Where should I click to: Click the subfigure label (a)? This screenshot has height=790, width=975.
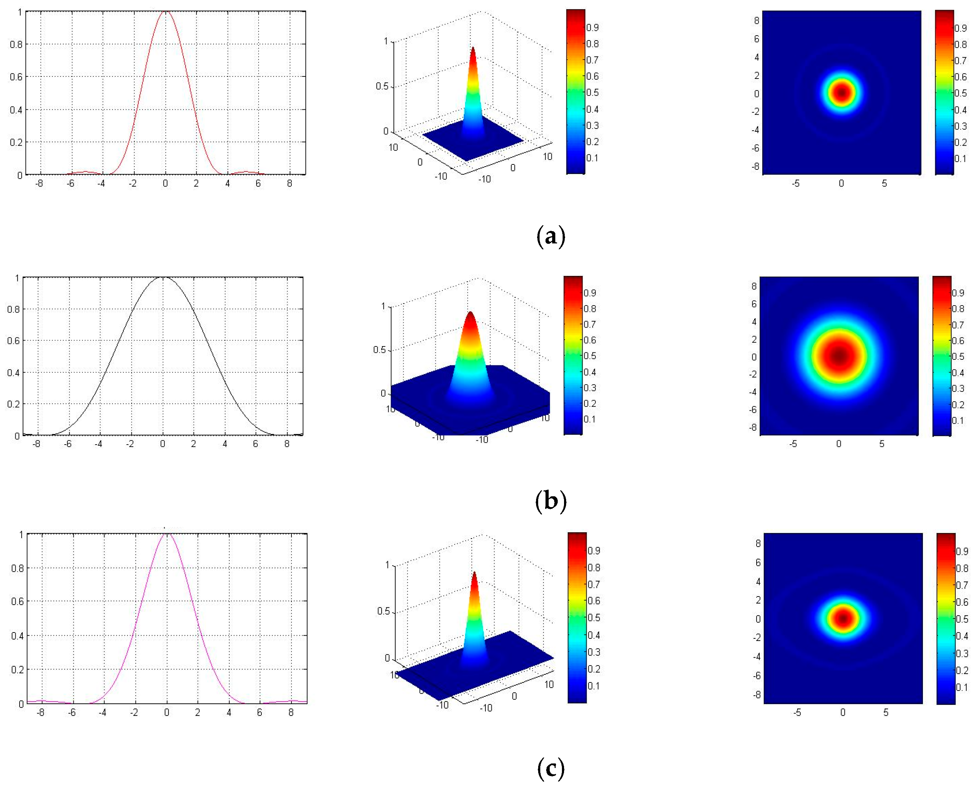[550, 237]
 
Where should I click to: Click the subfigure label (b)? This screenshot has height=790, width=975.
[550, 501]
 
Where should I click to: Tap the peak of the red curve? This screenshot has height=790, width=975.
[165, 12]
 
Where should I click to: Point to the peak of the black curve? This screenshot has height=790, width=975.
[162, 278]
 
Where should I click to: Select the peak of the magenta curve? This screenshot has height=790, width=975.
[166, 534]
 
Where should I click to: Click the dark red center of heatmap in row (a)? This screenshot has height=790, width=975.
[842, 93]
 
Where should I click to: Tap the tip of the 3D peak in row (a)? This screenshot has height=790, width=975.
[473, 47]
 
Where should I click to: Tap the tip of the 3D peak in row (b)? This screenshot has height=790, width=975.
[470, 312]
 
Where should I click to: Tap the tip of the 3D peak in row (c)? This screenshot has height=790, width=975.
[474, 572]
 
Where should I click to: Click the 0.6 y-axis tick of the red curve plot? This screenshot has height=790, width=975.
[16, 77]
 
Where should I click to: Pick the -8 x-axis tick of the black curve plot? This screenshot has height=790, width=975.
[37, 444]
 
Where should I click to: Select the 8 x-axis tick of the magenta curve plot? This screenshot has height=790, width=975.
[291, 712]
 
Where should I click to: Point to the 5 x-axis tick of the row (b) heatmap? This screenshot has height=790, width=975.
[882, 444]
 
